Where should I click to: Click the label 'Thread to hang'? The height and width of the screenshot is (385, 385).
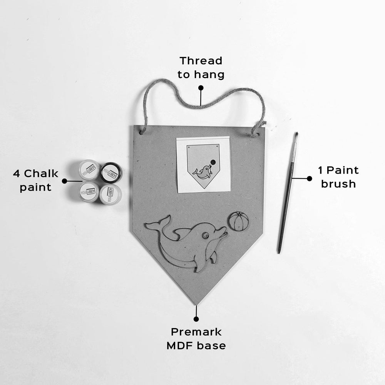point(201,67)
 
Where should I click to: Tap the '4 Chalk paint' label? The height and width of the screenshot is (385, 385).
point(35,180)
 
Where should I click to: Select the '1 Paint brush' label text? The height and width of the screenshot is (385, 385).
point(338,177)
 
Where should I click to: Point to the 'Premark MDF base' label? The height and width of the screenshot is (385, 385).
point(196,338)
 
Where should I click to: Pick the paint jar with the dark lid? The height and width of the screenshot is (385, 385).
point(111,172)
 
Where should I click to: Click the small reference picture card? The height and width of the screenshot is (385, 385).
point(203,165)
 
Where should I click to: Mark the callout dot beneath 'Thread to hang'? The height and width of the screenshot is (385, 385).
point(201,88)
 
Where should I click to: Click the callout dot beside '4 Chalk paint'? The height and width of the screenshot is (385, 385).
point(64,181)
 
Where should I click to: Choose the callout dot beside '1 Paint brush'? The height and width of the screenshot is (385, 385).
point(309,178)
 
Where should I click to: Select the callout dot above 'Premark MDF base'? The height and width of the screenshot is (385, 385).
point(196,319)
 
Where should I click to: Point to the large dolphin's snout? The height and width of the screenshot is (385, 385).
point(223,231)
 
